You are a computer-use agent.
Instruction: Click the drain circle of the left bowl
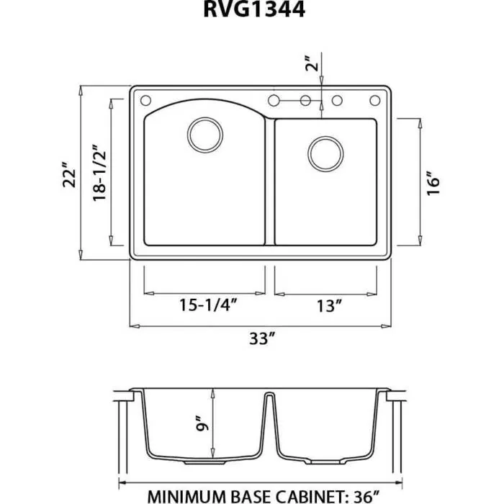tap(204, 134)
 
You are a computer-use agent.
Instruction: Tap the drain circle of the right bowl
tap(325, 153)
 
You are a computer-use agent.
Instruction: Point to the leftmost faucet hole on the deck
tap(143, 99)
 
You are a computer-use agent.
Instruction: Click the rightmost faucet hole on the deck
tap(375, 99)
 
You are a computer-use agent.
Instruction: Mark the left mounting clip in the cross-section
tap(129, 395)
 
